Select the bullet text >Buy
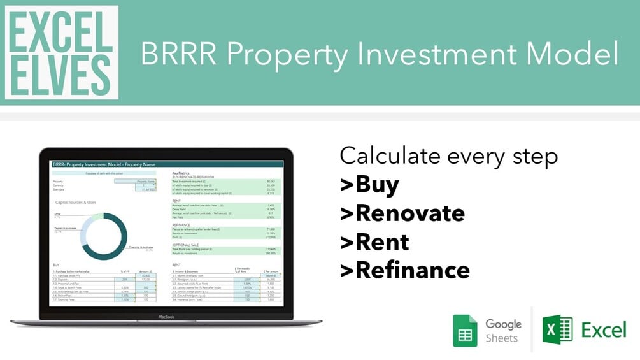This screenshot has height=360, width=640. pos(369,184)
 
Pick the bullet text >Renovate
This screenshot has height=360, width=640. pos(402,213)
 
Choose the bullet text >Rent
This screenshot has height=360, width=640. pos(374,241)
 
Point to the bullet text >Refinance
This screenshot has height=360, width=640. pos(405,270)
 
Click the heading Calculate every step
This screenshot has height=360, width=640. pos(448,155)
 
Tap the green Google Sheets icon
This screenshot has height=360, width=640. pos(465,331)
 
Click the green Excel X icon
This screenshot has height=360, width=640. pos(557,330)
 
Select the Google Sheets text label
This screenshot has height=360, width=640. pos(503,331)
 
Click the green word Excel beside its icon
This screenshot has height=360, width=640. pos(604,329)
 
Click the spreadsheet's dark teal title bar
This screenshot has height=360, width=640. pos(166,164)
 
